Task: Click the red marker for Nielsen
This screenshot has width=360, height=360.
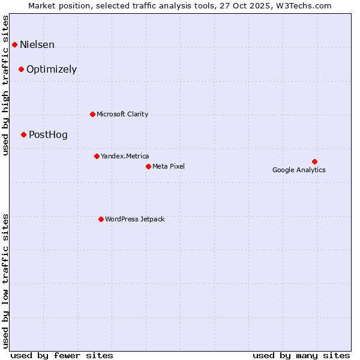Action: [14, 44]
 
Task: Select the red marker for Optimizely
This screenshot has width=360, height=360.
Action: [21, 69]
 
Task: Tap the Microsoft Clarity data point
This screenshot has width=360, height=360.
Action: [92, 114]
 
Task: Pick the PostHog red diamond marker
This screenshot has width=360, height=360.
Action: [23, 134]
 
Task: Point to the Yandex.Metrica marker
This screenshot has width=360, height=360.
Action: [97, 156]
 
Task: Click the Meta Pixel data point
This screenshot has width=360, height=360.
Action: [148, 166]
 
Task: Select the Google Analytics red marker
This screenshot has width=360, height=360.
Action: [314, 161]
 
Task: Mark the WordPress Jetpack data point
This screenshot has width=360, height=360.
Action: [101, 219]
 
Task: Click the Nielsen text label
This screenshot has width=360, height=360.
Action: [37, 45]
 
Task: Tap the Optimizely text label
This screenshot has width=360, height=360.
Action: [52, 70]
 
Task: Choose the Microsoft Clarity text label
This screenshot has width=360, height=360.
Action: [122, 114]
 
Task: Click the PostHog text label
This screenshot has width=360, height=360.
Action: [48, 135]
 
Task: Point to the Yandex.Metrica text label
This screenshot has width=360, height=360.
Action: [125, 156]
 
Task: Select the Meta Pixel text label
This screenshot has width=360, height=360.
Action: [169, 166]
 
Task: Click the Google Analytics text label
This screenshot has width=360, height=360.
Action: [299, 170]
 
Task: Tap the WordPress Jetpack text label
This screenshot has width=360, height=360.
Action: [134, 219]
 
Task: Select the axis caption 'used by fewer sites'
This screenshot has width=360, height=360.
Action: [62, 355]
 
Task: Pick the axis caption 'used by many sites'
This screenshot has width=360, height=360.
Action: [301, 355]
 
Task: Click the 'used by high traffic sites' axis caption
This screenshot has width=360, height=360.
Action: [6, 85]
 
